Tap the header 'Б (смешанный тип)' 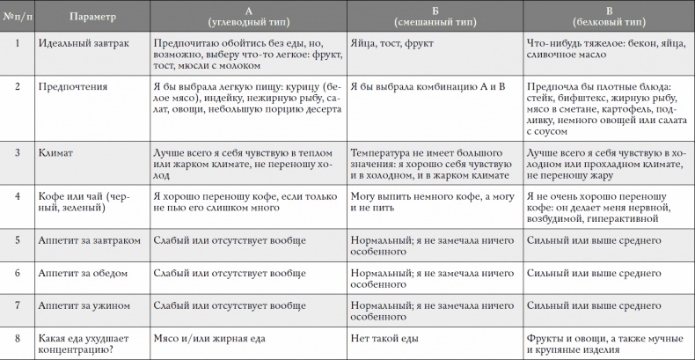coord(431,14)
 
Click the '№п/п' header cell coord(18,14)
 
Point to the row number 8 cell coord(18,337)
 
